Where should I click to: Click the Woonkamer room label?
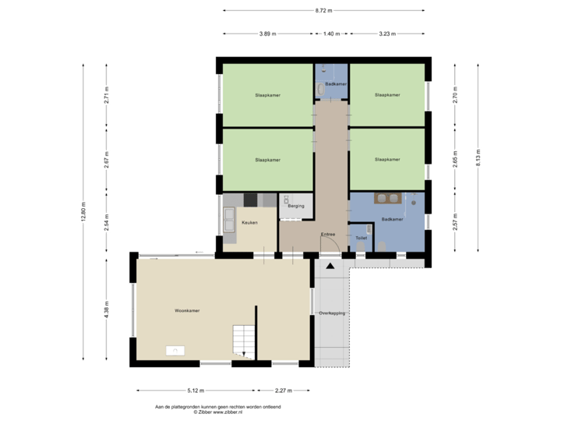(187, 310)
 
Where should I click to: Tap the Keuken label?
(249, 223)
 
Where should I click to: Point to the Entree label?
(329, 234)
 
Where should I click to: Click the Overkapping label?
(332, 313)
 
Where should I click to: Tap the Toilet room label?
(361, 238)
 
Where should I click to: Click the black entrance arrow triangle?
(330, 267)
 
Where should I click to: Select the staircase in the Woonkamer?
(244, 341)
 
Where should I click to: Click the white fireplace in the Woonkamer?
(174, 351)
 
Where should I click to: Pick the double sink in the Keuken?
(231, 221)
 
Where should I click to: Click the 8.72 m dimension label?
(323, 10)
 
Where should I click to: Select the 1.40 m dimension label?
(332, 34)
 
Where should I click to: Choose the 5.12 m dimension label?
(196, 390)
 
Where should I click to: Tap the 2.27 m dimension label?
(284, 390)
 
